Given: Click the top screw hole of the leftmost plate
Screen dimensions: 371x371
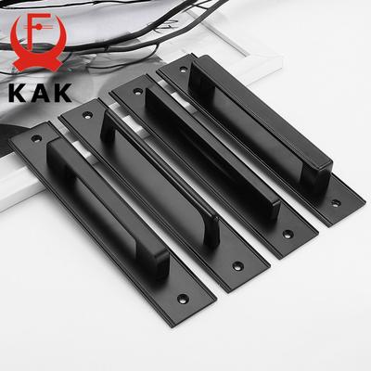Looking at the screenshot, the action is (x=36, y=138).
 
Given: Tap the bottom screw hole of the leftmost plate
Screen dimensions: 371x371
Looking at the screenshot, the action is (x=183, y=299).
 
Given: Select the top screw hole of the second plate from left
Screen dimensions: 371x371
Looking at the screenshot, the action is (x=87, y=115).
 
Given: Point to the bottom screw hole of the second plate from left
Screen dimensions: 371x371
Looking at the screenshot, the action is (x=238, y=266).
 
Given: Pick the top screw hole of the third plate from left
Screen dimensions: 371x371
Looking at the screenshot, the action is (x=138, y=91).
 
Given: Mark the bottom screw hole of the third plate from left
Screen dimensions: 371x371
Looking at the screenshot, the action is (x=288, y=234).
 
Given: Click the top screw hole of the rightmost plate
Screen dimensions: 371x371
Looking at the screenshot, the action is (x=184, y=70).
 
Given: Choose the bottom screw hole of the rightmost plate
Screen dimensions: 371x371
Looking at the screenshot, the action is (x=336, y=203).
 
